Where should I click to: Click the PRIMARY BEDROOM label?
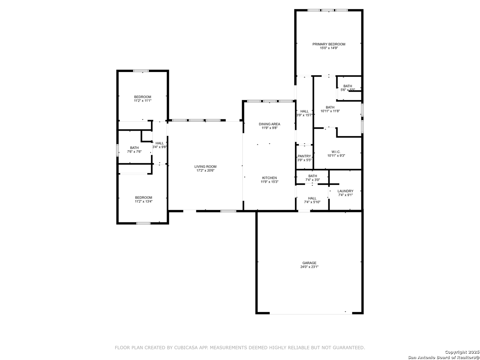click(329, 44)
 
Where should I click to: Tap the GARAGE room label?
click(309, 263)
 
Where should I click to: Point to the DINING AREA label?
click(269, 124)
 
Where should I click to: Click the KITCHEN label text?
click(269, 178)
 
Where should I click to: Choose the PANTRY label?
click(304, 156)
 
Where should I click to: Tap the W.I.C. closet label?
click(336, 152)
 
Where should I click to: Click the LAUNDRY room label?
click(345, 191)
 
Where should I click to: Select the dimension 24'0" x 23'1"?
click(309, 267)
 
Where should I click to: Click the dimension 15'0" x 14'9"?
click(329, 48)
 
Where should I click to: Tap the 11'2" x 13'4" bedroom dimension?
click(143, 201)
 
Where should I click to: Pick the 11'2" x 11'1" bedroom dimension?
click(143, 101)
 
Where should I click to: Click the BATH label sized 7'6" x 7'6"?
click(134, 148)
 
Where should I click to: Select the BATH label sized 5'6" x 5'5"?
click(348, 86)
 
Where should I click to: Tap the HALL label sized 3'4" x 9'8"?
click(160, 143)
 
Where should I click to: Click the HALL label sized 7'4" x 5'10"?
click(312, 198)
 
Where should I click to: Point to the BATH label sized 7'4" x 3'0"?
click(313, 176)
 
